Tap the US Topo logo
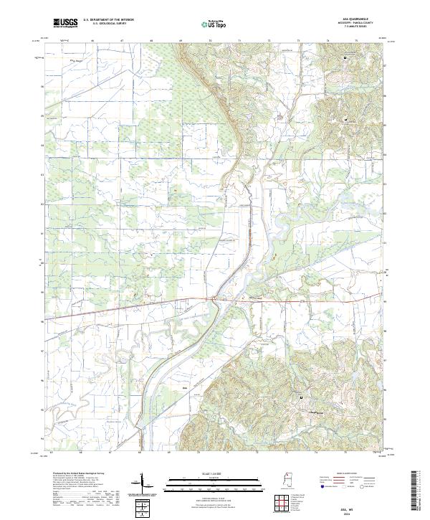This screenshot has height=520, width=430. [x=215, y=24]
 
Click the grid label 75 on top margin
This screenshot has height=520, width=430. [x=356, y=41]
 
